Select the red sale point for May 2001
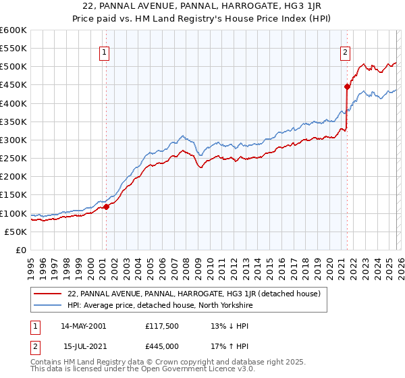(x=106, y=207)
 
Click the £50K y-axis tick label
(x=16, y=232)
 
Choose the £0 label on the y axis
(x=20, y=250)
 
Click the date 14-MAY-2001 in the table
(x=84, y=326)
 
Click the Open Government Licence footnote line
(x=143, y=369)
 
